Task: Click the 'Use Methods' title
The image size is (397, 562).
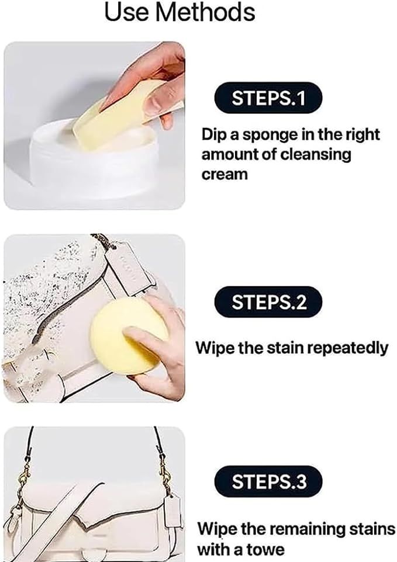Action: coord(179,12)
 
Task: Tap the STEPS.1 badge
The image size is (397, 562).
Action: coord(268,98)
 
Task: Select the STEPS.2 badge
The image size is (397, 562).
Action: coord(268,302)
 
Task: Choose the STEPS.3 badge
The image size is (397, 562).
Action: coord(268,482)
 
